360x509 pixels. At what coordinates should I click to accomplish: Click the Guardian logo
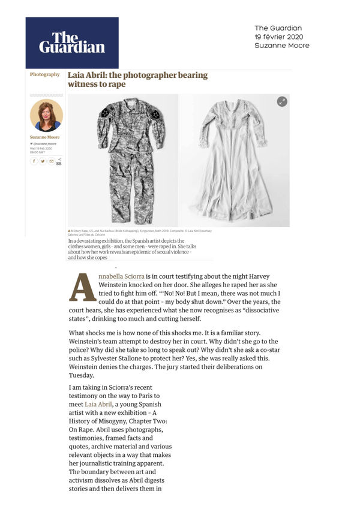point(72,42)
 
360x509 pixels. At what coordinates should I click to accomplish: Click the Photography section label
point(45,75)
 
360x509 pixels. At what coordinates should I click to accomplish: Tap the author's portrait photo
point(46,116)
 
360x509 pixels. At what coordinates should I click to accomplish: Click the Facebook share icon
point(34,161)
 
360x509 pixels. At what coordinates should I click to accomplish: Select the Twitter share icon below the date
point(43,161)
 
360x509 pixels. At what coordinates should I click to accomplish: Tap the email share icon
point(51,161)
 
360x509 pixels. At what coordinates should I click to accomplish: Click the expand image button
point(282,101)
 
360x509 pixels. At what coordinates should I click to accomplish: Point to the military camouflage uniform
point(130,159)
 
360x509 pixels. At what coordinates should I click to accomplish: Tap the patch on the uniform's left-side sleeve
point(105,113)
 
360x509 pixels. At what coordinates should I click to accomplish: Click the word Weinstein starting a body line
point(91,365)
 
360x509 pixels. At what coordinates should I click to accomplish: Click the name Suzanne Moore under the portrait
point(45,137)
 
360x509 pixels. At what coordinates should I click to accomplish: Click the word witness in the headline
point(84,85)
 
